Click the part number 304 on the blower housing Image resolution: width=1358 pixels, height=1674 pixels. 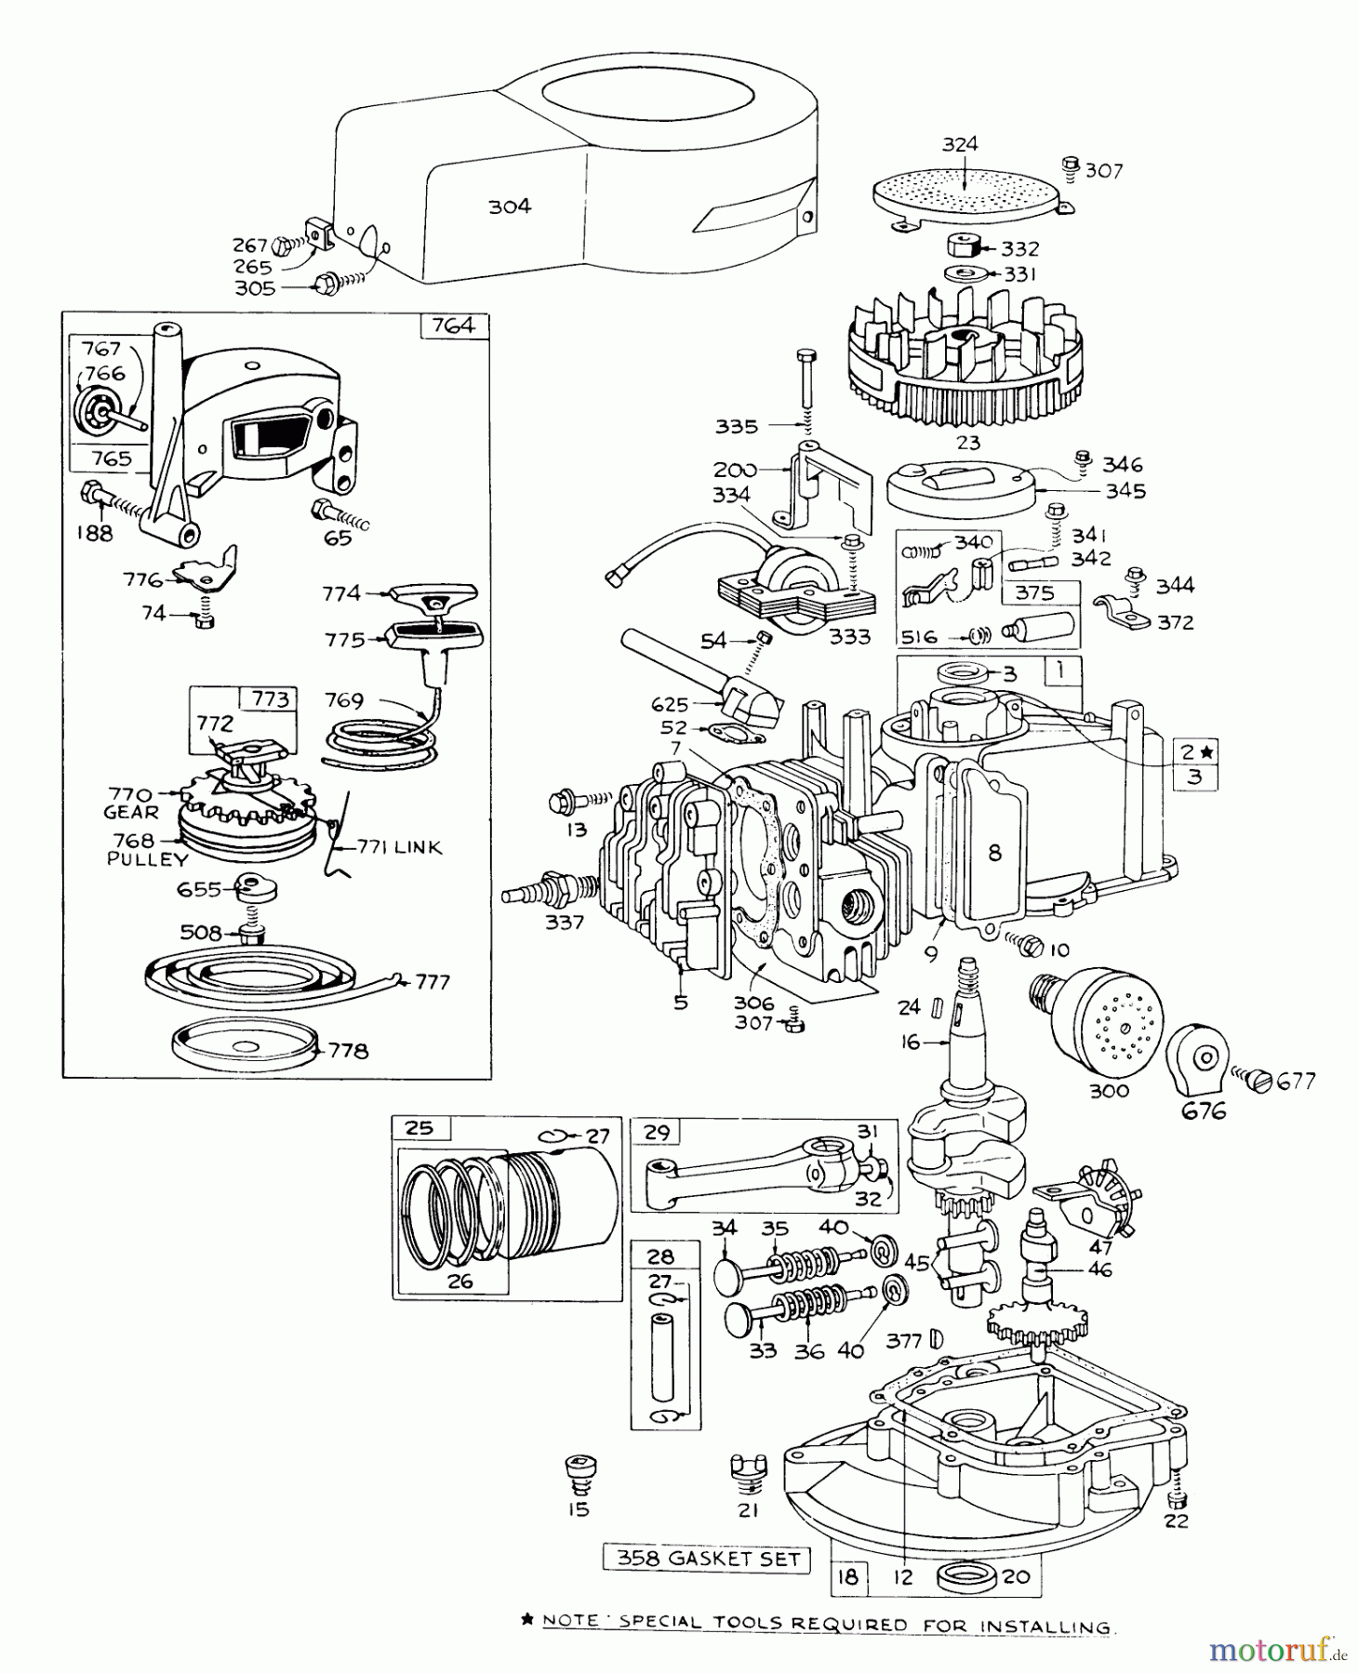(x=510, y=206)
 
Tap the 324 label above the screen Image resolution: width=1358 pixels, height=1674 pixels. (x=960, y=144)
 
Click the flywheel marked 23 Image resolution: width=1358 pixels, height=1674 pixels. (x=967, y=362)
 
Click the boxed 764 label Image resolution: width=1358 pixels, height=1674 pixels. (x=454, y=325)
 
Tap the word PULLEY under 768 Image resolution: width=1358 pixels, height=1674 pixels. (x=148, y=859)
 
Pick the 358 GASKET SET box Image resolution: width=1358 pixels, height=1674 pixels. (x=708, y=1559)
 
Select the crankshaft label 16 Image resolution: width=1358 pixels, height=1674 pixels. (x=911, y=1042)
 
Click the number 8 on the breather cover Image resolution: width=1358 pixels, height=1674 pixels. (x=994, y=852)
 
